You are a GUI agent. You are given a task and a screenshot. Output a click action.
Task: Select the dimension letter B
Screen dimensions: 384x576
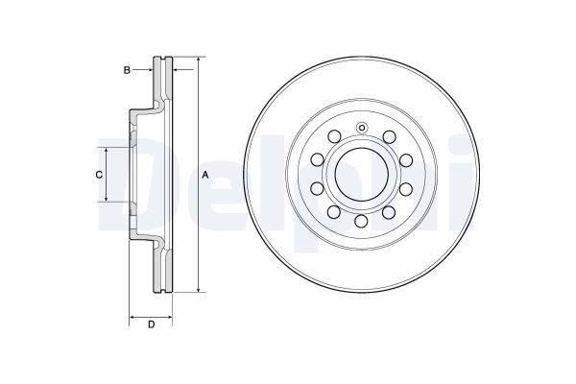coord(125,69)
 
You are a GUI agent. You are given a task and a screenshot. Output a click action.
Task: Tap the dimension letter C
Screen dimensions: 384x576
coord(98,174)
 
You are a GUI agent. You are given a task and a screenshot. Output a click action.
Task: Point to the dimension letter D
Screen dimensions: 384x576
coord(151,324)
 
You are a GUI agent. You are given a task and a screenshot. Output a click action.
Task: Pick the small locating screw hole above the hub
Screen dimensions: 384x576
coord(362,130)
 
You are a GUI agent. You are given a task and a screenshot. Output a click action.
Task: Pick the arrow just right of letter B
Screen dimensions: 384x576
coord(149,69)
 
